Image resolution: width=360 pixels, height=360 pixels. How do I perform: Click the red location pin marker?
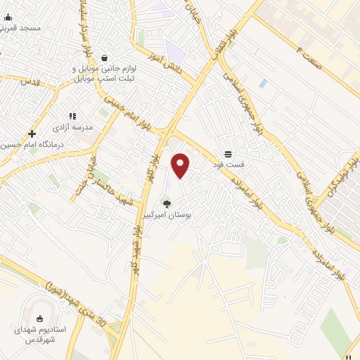coord(181,165)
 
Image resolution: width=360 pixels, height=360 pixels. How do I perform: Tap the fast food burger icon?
coord(228,154)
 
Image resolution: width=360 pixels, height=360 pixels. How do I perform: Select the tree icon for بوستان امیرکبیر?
coord(167,204)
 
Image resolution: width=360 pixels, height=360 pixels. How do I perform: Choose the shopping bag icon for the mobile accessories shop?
coord(104,58)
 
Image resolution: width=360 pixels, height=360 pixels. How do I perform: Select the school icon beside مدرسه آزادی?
coord(72,116)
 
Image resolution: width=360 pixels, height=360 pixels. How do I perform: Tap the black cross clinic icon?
coord(32,134)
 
